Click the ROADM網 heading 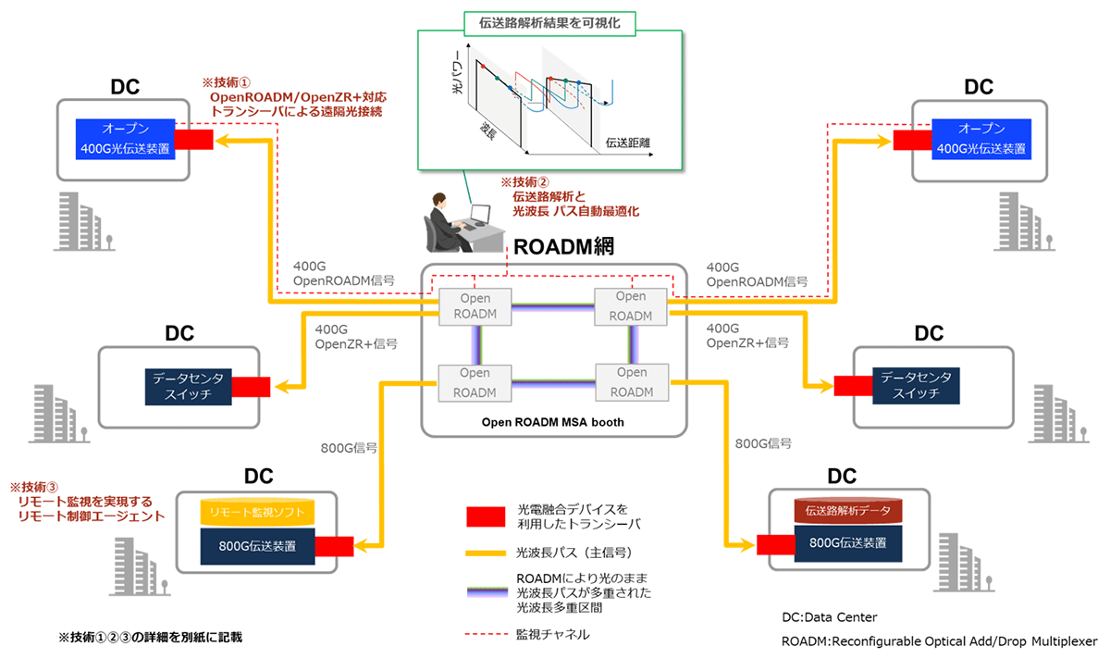(x=564, y=247)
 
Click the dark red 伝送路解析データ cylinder (x=847, y=509)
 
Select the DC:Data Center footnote (x=829, y=617)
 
